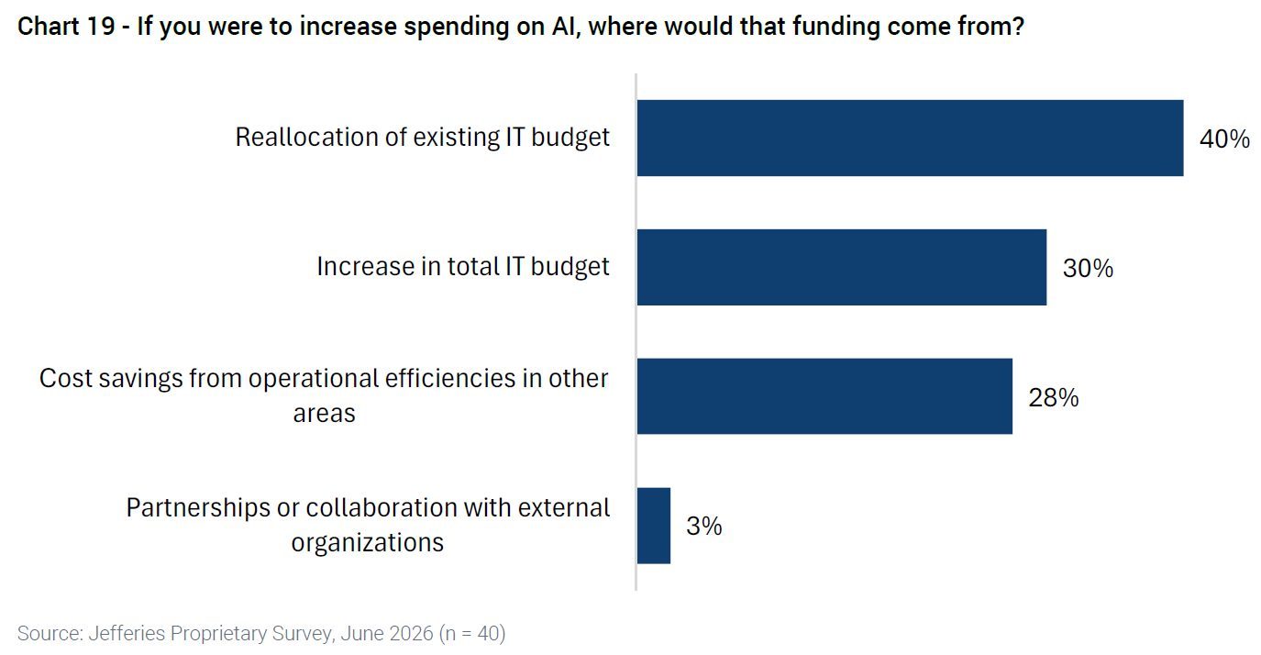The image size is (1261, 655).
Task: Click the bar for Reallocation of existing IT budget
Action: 910,138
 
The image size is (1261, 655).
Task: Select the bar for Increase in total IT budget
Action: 842,267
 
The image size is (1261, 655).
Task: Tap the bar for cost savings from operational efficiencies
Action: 824,396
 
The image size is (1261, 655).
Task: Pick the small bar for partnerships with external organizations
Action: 654,526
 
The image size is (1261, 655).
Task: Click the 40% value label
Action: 1224,139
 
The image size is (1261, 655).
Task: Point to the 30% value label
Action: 1088,268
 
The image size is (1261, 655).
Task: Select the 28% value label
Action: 1053,397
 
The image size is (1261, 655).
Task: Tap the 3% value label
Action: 703,526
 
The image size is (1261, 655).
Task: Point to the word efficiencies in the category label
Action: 450,379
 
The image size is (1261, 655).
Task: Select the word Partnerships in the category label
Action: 197,508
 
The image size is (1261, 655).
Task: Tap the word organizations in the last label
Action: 368,543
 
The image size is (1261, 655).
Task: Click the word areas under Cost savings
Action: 325,414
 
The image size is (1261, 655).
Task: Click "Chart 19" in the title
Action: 66,27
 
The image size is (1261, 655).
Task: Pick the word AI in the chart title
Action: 565,27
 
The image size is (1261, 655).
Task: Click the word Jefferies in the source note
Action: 127,633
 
